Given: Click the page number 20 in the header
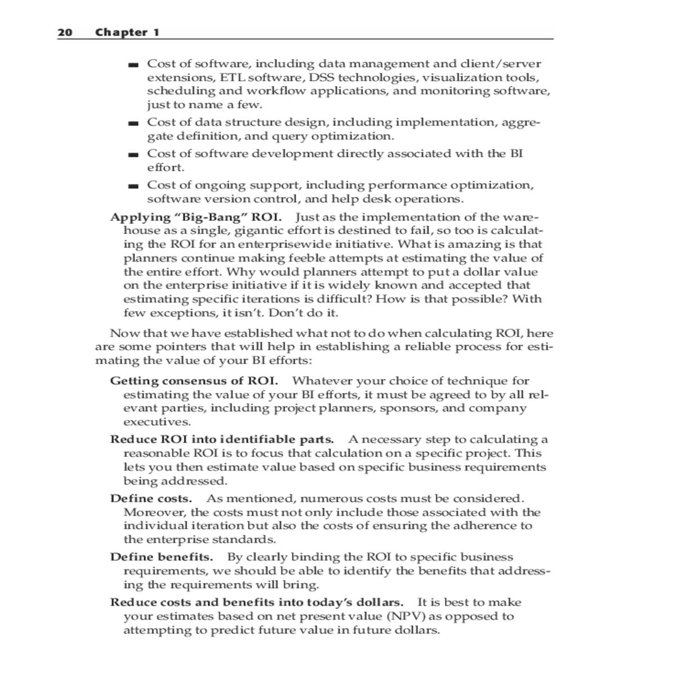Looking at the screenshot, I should pyautogui.click(x=65, y=32).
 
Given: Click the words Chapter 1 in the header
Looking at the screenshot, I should pyautogui.click(x=127, y=32).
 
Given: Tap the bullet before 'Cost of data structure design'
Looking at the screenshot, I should pyautogui.click(x=133, y=123).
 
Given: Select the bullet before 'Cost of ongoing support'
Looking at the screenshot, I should pyautogui.click(x=133, y=186).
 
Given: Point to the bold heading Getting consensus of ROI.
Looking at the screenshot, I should pyautogui.click(x=194, y=381).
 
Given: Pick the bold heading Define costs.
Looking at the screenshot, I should pyautogui.click(x=151, y=499).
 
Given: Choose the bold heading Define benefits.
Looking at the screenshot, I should pyautogui.click(x=162, y=557).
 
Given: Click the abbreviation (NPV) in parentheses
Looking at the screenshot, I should pyautogui.click(x=407, y=616).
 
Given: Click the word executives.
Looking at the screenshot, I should pyautogui.click(x=157, y=422).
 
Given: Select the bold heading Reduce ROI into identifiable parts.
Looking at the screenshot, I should pyautogui.click(x=222, y=439).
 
